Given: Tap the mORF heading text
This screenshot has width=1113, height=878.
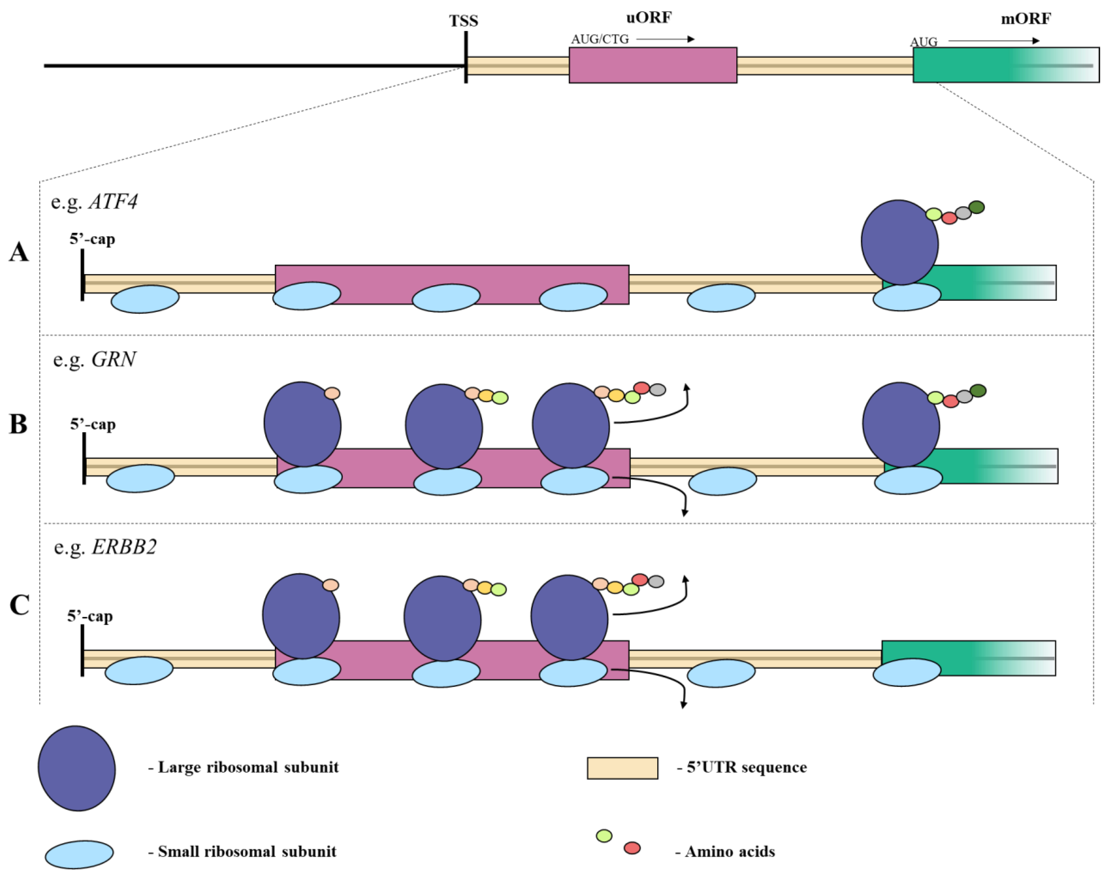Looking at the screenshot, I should point(1026,19).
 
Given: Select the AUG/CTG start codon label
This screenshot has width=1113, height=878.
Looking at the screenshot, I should point(600,39).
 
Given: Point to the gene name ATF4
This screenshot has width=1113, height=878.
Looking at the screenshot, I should point(113,201).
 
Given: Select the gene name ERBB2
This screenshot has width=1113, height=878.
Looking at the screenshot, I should point(124,547).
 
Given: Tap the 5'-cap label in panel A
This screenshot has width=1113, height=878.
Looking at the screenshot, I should point(92,239).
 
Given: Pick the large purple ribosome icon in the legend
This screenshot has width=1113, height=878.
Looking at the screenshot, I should point(77,768).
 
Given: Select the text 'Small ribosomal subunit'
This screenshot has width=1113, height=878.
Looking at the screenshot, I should point(247,852).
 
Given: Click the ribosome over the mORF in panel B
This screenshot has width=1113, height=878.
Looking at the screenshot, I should point(901,425).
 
